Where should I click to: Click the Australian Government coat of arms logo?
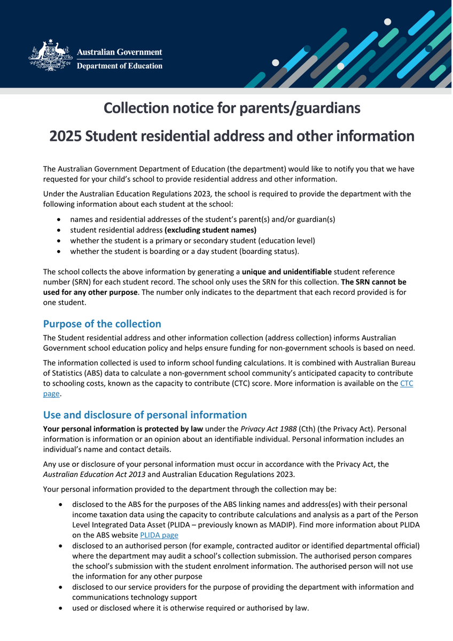click(x=50, y=56)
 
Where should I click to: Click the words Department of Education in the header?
click(x=120, y=66)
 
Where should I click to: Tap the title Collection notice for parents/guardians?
click(x=232, y=108)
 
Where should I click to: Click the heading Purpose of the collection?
click(x=102, y=324)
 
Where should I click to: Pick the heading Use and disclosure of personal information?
click(x=145, y=415)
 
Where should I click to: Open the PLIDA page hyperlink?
click(x=159, y=535)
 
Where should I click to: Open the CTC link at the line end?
click(x=407, y=383)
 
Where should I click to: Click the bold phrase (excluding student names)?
click(x=210, y=230)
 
